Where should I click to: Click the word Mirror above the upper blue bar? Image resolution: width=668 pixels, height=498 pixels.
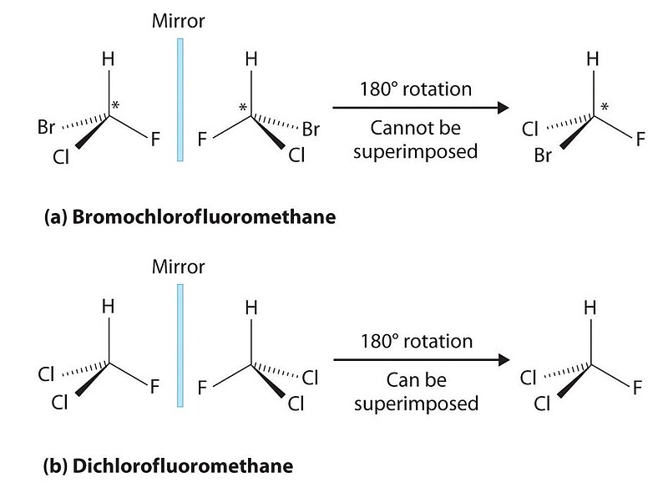(179, 19)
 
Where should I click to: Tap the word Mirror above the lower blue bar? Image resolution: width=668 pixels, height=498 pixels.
(179, 268)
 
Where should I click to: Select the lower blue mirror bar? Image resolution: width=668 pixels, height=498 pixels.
(179, 345)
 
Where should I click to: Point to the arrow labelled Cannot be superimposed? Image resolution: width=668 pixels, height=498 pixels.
(421, 108)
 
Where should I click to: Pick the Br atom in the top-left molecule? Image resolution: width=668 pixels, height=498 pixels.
(46, 130)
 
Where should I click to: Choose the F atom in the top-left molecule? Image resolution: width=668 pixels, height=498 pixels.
(154, 140)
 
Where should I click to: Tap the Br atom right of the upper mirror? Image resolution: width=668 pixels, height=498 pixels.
(310, 130)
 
